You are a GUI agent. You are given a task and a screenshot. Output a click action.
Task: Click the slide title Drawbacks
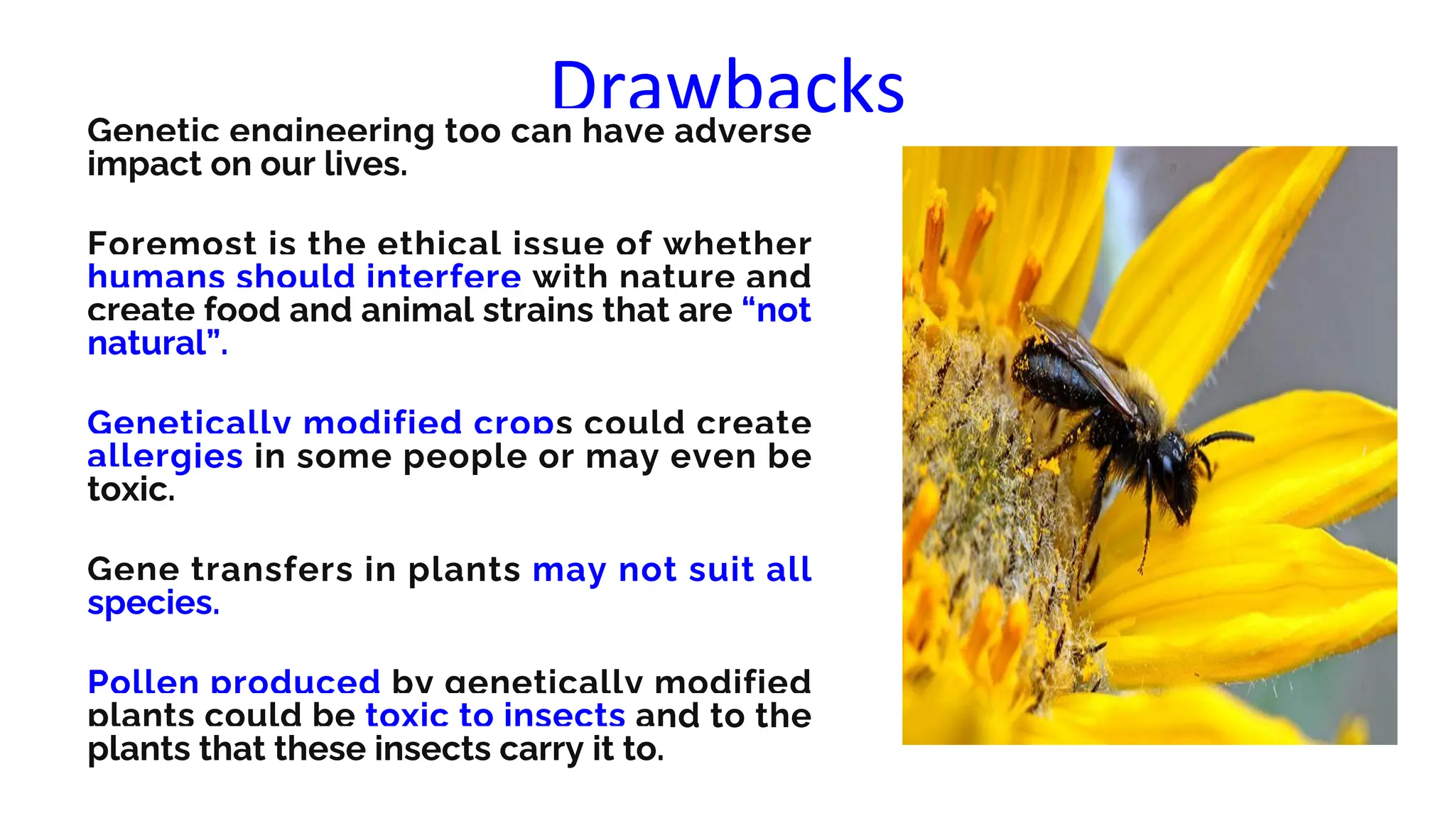pos(727,86)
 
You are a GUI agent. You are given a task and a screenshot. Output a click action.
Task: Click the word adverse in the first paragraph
pos(742,132)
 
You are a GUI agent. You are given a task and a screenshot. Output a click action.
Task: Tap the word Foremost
pos(171,245)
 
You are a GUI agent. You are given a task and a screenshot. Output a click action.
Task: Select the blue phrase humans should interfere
pos(304,277)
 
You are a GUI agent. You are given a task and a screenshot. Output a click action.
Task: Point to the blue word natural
pos(147,344)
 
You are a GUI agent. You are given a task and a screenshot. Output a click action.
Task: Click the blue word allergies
pos(165,457)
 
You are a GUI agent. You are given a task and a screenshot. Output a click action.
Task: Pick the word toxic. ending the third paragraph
pos(131,490)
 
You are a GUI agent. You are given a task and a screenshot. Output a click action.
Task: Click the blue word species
pos(153,604)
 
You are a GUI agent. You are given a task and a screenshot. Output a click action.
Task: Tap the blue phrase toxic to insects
pos(495,716)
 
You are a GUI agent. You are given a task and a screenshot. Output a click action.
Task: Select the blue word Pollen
pos(143,683)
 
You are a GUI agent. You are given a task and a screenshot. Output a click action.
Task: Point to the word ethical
pos(439,245)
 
